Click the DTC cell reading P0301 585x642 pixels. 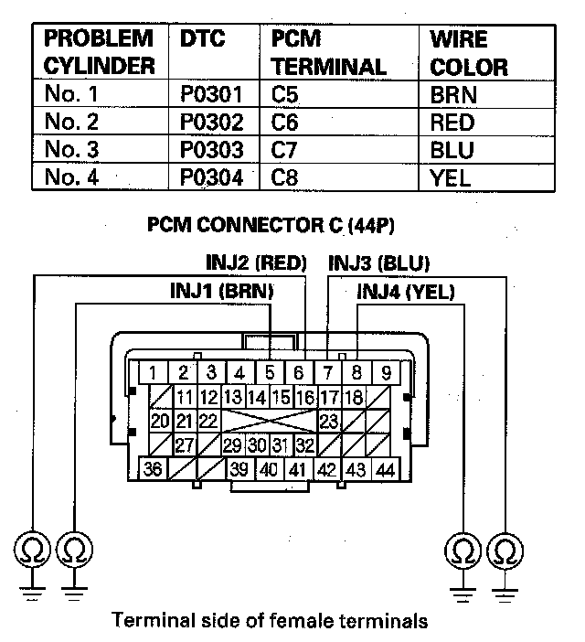tap(212, 94)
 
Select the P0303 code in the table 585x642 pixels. tap(212, 149)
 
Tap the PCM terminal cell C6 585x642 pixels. tap(285, 122)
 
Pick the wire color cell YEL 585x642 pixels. tap(451, 177)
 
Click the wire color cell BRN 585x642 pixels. tap(453, 94)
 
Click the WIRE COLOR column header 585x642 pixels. tap(469, 53)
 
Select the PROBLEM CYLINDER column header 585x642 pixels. tap(98, 53)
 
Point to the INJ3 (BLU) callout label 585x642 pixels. tap(378, 263)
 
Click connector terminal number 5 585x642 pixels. tap(270, 372)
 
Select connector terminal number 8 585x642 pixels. tap(357, 372)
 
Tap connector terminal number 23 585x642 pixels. tap(329, 422)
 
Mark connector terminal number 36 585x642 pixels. tap(154, 469)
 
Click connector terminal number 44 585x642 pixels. tap(386, 469)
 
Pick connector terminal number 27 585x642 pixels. tap(184, 445)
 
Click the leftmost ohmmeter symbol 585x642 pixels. tap(34, 551)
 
